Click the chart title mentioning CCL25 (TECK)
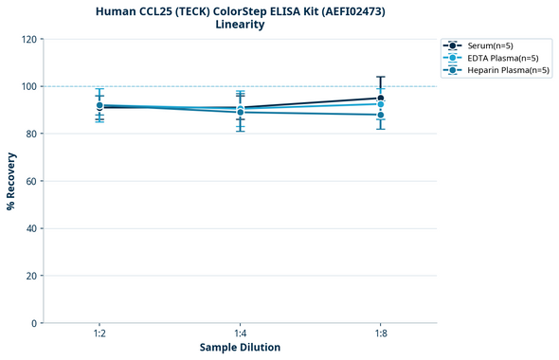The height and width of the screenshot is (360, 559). pyautogui.click(x=240, y=11)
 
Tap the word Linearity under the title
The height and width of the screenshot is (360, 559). pyautogui.click(x=240, y=25)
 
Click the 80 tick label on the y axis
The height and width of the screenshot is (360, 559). pyautogui.click(x=31, y=134)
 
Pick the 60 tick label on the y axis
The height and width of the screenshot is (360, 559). pyautogui.click(x=31, y=181)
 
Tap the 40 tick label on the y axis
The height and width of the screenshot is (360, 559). pyautogui.click(x=31, y=228)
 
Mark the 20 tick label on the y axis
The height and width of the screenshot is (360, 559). pyautogui.click(x=31, y=276)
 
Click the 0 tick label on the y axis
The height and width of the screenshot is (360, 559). pyautogui.click(x=34, y=323)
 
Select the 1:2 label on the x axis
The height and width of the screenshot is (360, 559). pyautogui.click(x=99, y=333)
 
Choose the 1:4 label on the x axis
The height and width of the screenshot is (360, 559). pyautogui.click(x=240, y=333)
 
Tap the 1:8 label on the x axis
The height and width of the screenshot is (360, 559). pyautogui.click(x=381, y=333)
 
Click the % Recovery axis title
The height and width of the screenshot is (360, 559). pyautogui.click(x=11, y=181)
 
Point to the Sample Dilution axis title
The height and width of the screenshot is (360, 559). pyautogui.click(x=240, y=348)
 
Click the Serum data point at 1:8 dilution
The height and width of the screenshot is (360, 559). pyautogui.click(x=381, y=98)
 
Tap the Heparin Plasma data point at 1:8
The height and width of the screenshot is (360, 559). pyautogui.click(x=381, y=115)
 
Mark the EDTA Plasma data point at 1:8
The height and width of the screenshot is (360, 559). pyautogui.click(x=381, y=104)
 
